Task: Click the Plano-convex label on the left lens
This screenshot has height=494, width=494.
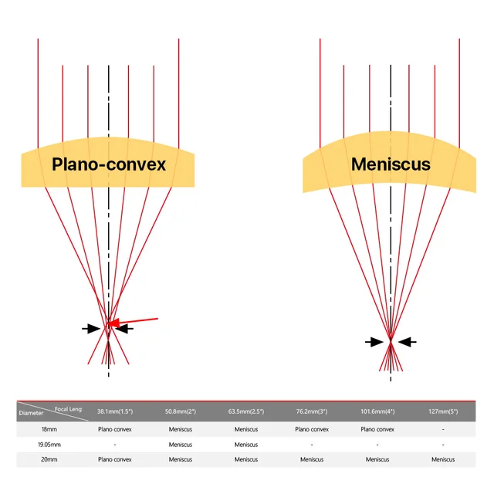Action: pos(109,164)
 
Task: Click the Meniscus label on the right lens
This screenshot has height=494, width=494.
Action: pos(391,164)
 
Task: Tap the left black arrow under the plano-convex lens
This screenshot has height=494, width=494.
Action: pos(91,328)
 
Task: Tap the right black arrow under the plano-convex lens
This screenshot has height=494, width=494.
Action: pos(124,328)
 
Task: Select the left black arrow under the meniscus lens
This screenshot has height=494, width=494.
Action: pos(374,341)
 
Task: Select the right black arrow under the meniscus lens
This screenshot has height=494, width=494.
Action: pos(408,341)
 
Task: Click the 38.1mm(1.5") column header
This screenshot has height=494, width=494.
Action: pos(114,411)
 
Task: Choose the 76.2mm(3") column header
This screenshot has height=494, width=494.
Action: pos(312,411)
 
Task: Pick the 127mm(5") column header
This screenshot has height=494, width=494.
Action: pos(443,411)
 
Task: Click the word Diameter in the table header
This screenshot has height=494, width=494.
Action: pos(31,413)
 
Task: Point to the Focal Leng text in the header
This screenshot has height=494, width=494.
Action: pos(68,408)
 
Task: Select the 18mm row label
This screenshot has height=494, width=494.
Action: pos(50,428)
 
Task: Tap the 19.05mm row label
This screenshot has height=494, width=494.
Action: pos(50,444)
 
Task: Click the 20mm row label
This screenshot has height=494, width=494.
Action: pos(50,459)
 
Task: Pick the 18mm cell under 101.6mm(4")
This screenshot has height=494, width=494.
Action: pos(377,428)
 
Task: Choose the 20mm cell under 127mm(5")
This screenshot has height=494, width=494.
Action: pos(443,459)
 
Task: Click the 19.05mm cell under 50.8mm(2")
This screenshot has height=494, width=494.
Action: pos(181,444)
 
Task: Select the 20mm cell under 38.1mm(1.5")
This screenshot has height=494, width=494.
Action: pos(114,459)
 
